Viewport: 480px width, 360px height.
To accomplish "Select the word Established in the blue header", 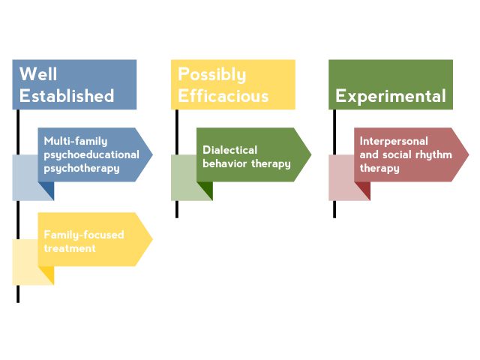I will pos(67,96).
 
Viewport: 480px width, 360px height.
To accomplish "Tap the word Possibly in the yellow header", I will pos(211,74).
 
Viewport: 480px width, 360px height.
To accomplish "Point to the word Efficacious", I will pos(223,96).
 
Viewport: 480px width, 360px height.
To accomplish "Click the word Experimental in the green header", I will pos(390,96).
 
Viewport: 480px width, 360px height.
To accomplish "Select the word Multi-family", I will pos(76,141).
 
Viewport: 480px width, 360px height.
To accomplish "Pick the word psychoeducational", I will pos(91,154).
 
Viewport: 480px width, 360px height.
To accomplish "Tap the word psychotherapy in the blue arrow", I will pos(81,168).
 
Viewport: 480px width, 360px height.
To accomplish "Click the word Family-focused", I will pos(84,235).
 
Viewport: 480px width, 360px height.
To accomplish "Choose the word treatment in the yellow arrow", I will pos(69,247).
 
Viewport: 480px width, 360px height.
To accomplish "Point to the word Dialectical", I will pos(229,150).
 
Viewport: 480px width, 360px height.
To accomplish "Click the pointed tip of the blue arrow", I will pos(151,154).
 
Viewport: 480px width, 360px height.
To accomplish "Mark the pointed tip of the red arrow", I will pos(468,154).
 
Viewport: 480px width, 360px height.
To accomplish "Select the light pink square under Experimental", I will pos(340,178).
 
